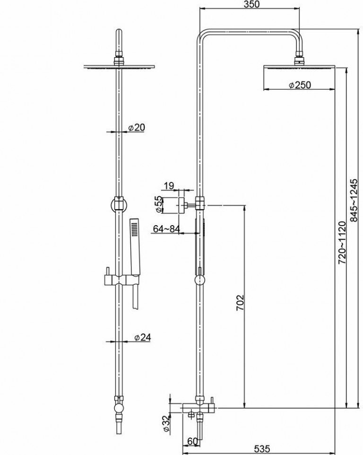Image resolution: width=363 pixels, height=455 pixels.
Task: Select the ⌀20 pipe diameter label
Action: coord(137,127)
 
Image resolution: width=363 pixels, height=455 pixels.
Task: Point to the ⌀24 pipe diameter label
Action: coord(142,337)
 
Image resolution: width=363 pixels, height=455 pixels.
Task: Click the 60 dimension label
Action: coord(192,441)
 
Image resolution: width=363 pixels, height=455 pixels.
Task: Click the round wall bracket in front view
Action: coord(119,206)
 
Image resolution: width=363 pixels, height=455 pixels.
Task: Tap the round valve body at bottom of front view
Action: coord(119,408)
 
